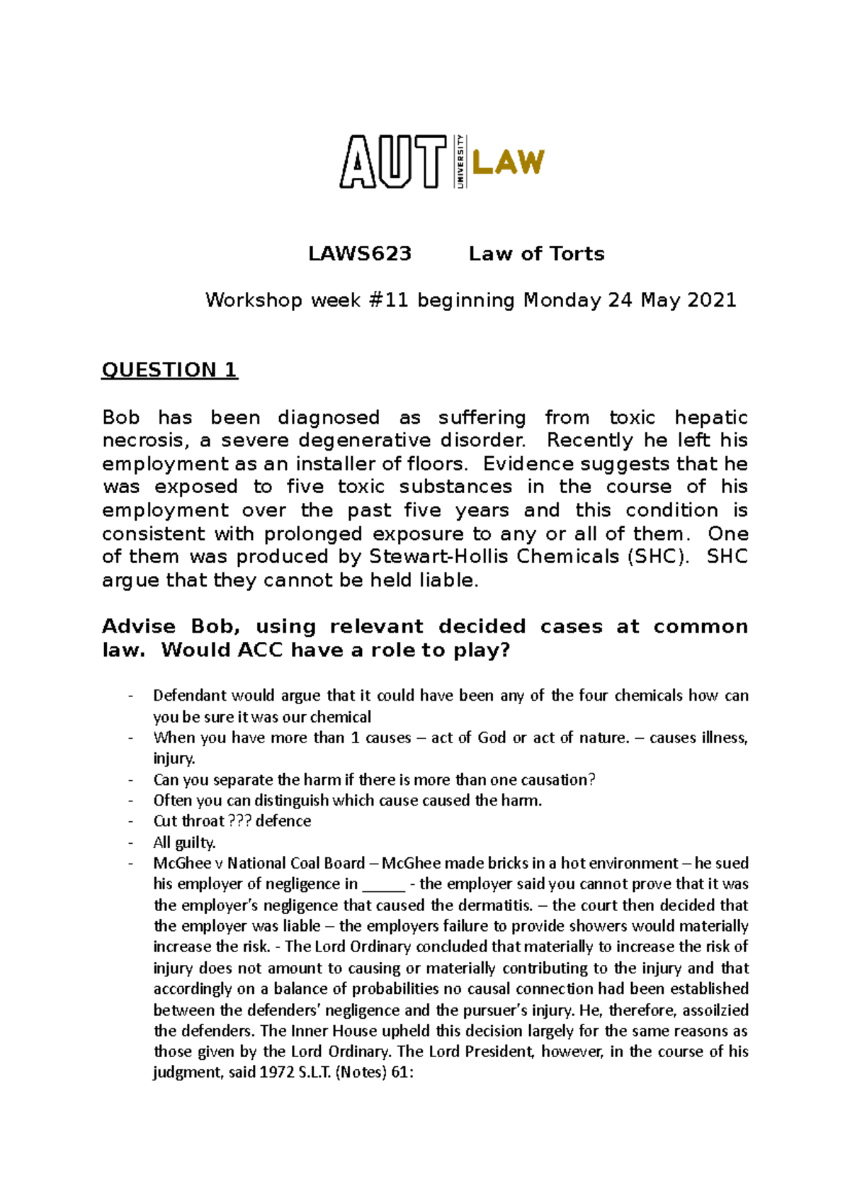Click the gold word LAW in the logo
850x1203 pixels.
pyautogui.click(x=508, y=162)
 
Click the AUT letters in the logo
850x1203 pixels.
pyautogui.click(x=393, y=162)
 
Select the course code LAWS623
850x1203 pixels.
pyautogui.click(x=360, y=254)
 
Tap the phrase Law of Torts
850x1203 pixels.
pyautogui.click(x=536, y=254)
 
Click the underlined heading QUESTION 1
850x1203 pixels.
pyautogui.click(x=169, y=370)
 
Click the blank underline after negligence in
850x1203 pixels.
pyautogui.click(x=383, y=885)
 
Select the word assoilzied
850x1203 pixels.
pyautogui.click(x=715, y=1010)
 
